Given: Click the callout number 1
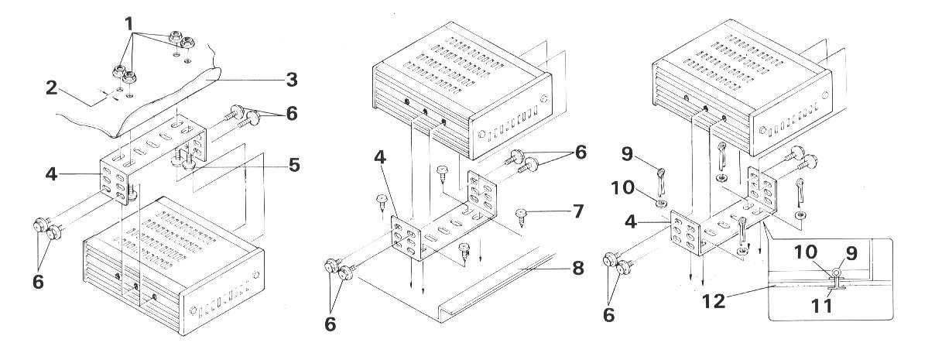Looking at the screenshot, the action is [129, 24].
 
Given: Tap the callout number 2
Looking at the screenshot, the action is [51, 87].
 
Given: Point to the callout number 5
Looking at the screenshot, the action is [294, 165].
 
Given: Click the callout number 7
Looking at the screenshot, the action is [577, 211].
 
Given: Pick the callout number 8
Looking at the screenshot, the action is [577, 268].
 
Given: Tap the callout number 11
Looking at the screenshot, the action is [821, 307].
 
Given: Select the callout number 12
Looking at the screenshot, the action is [714, 300].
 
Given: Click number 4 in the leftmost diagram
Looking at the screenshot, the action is [51, 173].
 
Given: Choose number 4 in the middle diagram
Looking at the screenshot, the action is [380, 157].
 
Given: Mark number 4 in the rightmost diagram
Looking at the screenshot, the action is [631, 221].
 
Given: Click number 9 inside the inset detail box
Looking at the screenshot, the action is [851, 253].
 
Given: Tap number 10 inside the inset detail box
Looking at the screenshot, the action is [805, 252].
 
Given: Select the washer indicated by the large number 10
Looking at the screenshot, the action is [660, 204].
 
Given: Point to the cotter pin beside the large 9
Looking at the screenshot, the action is [661, 182].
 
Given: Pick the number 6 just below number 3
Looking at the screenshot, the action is [291, 113].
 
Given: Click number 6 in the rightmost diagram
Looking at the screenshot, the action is [608, 315].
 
